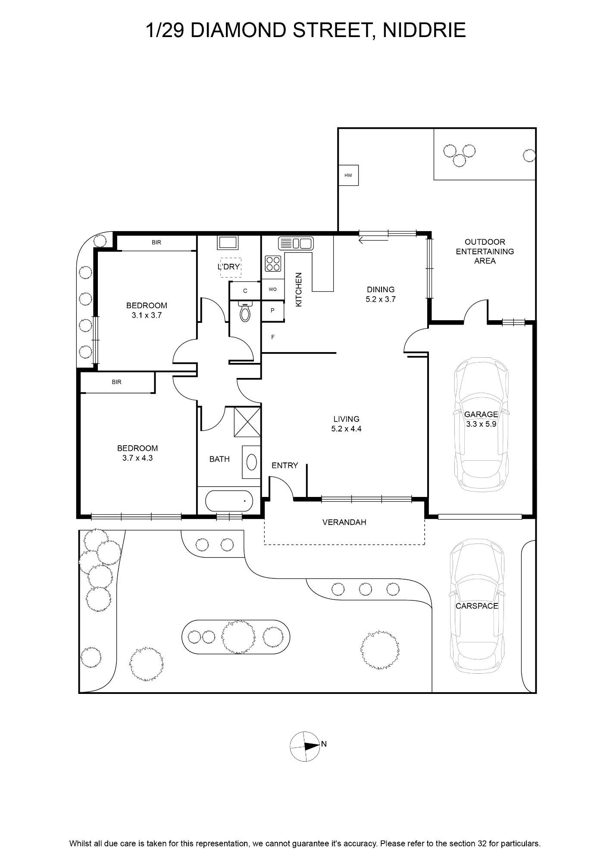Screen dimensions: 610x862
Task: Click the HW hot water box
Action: (x=348, y=175)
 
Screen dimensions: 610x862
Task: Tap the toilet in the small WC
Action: (x=245, y=311)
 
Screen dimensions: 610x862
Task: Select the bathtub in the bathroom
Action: (x=229, y=501)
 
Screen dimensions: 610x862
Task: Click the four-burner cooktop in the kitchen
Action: (x=273, y=263)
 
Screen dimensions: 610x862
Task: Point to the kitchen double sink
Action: (x=296, y=244)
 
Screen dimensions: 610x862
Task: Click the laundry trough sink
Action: (x=228, y=243)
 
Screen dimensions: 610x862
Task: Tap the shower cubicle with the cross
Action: (x=247, y=422)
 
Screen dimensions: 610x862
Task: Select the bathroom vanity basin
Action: (x=251, y=462)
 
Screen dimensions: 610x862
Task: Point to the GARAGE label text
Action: (x=481, y=414)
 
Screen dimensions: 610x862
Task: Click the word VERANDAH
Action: (x=344, y=522)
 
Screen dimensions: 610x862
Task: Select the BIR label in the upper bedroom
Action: (x=156, y=243)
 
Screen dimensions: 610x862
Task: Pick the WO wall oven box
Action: (x=273, y=289)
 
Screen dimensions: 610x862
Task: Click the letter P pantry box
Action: (x=273, y=310)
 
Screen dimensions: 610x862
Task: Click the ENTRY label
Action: (x=285, y=465)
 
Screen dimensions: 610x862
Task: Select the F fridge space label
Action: (x=273, y=337)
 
